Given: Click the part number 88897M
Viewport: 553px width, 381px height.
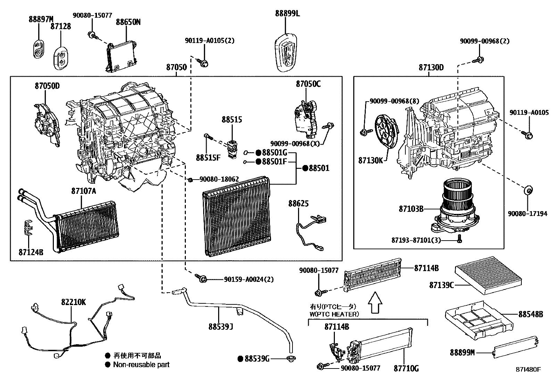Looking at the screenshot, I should pyautogui.click(x=41, y=19).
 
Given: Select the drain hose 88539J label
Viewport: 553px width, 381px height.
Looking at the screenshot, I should pyautogui.click(x=221, y=327).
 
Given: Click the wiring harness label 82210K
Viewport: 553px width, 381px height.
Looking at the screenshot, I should pyautogui.click(x=73, y=302).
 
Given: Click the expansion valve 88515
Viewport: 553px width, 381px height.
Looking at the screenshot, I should pyautogui.click(x=232, y=148).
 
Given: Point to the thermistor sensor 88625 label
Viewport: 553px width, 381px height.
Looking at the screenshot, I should pyautogui.click(x=298, y=204).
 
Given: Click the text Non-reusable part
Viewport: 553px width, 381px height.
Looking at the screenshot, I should pyautogui.click(x=141, y=365).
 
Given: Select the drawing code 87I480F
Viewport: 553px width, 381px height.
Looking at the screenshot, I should pyautogui.click(x=528, y=369).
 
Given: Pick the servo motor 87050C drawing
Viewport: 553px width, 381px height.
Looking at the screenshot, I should pyautogui.click(x=306, y=116).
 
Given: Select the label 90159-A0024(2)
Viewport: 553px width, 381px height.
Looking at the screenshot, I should pyautogui.click(x=249, y=279).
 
